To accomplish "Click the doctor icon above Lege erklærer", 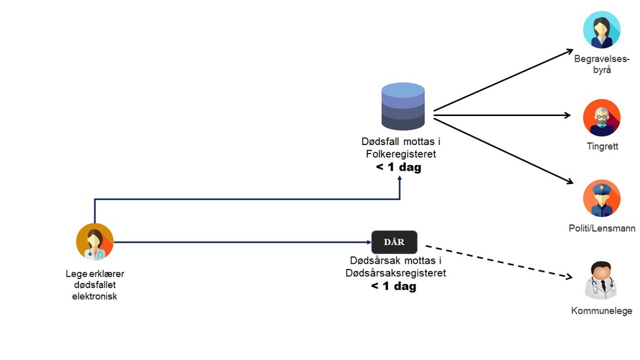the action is click(95, 242).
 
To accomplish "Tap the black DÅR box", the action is click(395, 242).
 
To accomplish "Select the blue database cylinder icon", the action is click(403, 106).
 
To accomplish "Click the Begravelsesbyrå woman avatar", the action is click(602, 30).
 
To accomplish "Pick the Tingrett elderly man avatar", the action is click(602, 118).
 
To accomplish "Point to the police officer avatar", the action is click(602, 198).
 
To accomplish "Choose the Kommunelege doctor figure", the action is click(601, 280).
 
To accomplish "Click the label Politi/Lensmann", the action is click(602, 228).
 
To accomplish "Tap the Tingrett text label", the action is click(602, 146).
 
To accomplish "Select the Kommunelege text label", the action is click(602, 311).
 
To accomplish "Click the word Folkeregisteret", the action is click(400, 154).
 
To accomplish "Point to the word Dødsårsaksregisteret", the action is click(395, 273).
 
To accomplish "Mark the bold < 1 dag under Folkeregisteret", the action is click(399, 167).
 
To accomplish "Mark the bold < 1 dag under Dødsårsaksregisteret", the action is click(393, 286).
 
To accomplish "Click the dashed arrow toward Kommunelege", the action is click(499, 261).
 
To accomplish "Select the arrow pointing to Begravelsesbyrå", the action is click(503, 80).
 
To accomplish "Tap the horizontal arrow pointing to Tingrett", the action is click(502, 115).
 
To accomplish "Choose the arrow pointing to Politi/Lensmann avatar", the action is click(503, 151).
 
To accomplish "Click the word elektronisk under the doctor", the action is click(95, 297).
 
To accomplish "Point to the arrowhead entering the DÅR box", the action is click(369, 242).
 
